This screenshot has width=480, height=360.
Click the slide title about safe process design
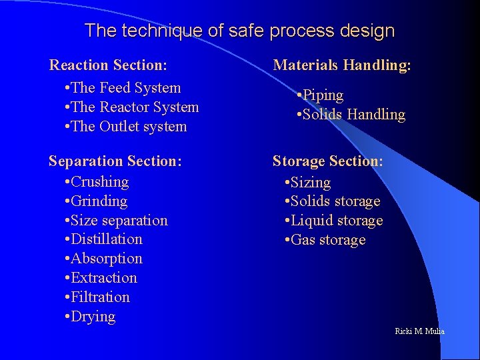240,31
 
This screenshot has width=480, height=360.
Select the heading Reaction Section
108,65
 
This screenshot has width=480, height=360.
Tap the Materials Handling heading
342,65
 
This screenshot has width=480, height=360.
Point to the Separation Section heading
115,161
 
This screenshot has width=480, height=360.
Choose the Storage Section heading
327,161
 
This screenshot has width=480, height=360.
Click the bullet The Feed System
123,88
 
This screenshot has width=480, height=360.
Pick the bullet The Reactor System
132,107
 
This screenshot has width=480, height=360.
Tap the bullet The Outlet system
126,127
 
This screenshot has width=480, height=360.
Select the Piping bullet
320,95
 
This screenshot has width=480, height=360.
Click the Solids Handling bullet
351,115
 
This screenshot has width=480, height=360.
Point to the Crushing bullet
97,182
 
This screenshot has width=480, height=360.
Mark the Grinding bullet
97,201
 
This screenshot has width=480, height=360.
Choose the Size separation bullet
116,221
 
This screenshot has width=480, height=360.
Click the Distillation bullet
104,239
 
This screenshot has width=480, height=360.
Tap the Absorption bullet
104,259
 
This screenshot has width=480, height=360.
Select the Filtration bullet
97,297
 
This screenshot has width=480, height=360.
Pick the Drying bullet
91,317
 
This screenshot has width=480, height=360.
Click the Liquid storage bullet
334,221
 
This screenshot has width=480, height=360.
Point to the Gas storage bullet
325,240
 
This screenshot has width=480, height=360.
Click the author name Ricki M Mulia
419,331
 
